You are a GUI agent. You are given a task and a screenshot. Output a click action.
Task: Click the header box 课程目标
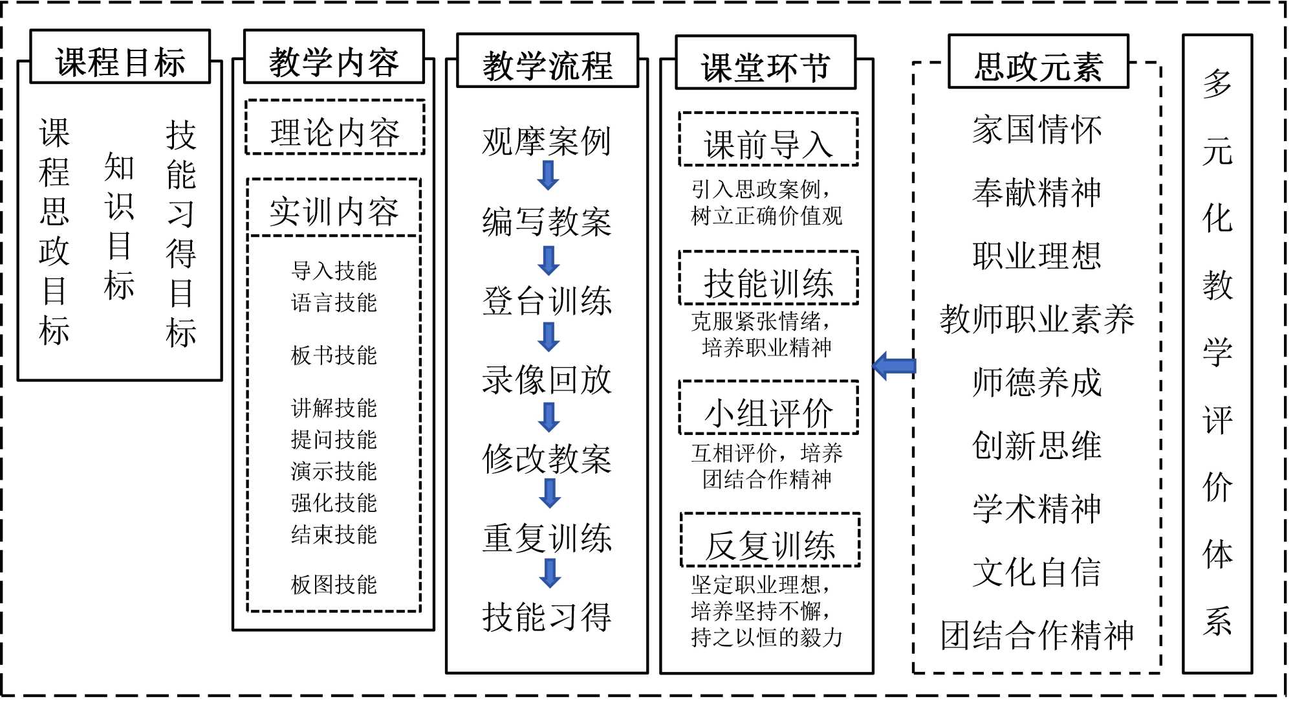(x=120, y=57)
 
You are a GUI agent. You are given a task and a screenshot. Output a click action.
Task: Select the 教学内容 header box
(x=334, y=57)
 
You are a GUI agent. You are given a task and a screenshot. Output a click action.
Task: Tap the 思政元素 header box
(x=1038, y=61)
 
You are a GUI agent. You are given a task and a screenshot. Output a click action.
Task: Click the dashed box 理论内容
(x=335, y=128)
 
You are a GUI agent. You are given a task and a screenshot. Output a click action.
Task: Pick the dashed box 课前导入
(x=768, y=139)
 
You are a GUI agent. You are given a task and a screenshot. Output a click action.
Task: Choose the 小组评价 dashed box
(x=768, y=408)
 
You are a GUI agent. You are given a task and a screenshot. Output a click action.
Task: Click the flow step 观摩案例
(x=547, y=141)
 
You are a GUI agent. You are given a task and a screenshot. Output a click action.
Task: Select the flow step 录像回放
(x=547, y=379)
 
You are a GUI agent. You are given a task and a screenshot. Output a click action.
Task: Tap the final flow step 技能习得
(x=547, y=616)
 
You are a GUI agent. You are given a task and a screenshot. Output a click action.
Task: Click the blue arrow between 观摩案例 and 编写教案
(x=549, y=175)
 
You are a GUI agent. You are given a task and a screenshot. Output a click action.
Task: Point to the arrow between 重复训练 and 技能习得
(x=550, y=572)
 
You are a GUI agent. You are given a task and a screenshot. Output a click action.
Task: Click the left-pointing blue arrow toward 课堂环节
(x=894, y=366)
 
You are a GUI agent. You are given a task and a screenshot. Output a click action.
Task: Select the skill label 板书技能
(x=334, y=355)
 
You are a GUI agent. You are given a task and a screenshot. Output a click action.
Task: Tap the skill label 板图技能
(x=334, y=585)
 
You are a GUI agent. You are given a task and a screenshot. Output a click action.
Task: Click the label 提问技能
(x=334, y=440)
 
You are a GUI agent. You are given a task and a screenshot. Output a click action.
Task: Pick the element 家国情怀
(x=1037, y=129)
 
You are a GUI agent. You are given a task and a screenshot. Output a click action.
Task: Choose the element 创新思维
(x=1037, y=445)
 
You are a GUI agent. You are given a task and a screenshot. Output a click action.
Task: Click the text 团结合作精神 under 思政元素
(x=1037, y=635)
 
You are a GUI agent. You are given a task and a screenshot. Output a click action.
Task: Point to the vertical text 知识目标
(x=119, y=227)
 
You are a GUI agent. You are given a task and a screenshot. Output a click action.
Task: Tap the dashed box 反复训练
(x=770, y=541)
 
